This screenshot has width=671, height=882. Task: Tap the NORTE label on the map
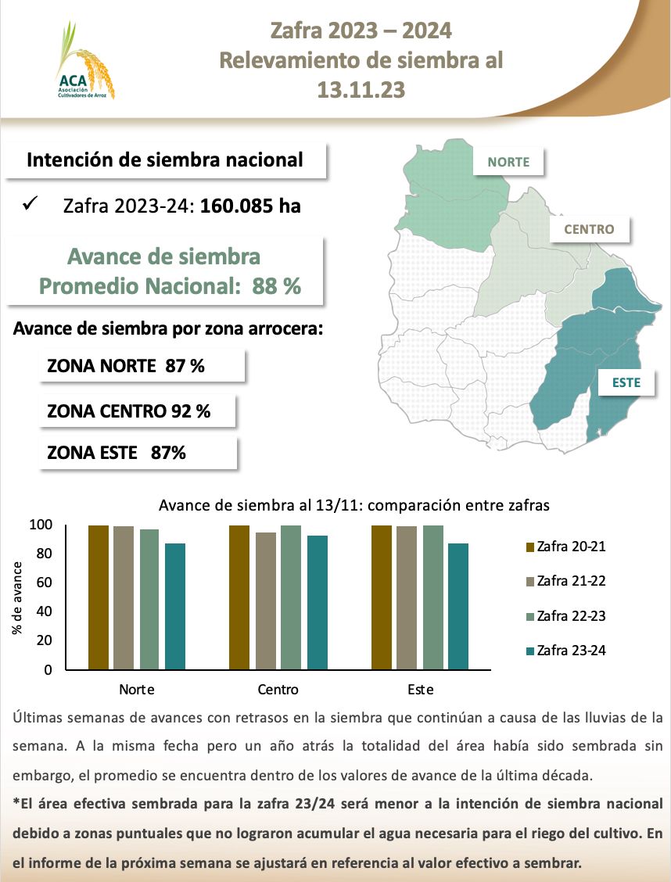pyautogui.click(x=508, y=163)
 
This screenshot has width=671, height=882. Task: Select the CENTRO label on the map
pyautogui.click(x=589, y=229)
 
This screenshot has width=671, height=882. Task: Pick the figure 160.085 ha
pyautogui.click(x=250, y=206)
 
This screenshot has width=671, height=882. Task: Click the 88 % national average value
pyautogui.click(x=277, y=287)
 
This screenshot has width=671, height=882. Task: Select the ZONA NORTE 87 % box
pyautogui.click(x=142, y=366)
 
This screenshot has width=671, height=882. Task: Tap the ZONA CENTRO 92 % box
pyautogui.click(x=137, y=411)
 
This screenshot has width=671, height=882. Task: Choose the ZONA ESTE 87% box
pyautogui.click(x=138, y=453)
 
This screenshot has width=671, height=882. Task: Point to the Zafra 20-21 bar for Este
pyautogui.click(x=381, y=597)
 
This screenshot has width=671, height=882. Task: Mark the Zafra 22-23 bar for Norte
pyautogui.click(x=149, y=599)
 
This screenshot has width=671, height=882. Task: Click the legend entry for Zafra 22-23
pyautogui.click(x=565, y=616)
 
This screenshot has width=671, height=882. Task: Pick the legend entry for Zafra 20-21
pyautogui.click(x=565, y=547)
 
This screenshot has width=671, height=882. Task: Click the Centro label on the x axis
pyautogui.click(x=278, y=690)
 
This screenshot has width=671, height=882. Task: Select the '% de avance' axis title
pyautogui.click(x=17, y=597)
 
